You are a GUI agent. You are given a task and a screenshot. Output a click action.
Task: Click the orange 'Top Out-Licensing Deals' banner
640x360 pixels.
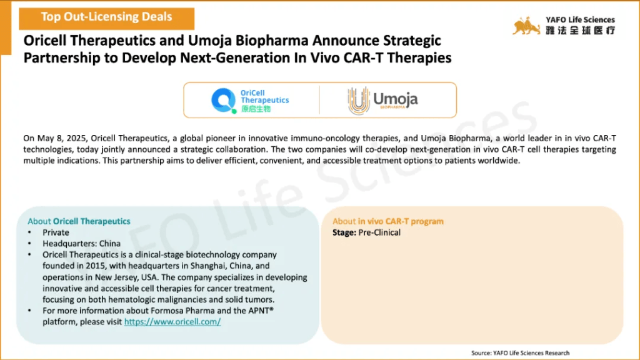click(106, 18)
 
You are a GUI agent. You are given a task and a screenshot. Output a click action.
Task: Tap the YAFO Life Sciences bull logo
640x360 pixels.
click(526, 26)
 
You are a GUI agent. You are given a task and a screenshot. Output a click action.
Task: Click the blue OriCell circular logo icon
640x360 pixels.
click(224, 100)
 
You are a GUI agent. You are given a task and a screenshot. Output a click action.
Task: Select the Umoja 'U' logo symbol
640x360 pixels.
click(358, 101)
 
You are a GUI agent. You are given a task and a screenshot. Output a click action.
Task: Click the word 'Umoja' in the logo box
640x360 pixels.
click(395, 98)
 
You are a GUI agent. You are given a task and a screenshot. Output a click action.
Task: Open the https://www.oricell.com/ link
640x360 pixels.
click(172, 322)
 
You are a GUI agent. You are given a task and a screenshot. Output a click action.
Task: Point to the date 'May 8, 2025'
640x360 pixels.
click(62, 138)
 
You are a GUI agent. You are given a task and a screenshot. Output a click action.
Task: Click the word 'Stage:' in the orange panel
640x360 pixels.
click(344, 232)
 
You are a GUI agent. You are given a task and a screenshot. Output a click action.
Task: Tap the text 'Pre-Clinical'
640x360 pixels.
click(379, 232)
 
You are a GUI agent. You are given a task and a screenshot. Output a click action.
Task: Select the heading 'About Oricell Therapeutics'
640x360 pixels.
click(79, 221)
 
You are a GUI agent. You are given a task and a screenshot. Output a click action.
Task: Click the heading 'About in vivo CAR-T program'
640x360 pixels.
click(387, 221)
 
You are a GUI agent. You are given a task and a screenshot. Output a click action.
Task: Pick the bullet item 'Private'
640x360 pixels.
click(56, 232)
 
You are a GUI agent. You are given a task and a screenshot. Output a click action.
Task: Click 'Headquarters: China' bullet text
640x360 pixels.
click(82, 244)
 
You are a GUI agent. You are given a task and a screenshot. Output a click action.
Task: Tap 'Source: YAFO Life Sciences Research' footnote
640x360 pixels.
click(520, 353)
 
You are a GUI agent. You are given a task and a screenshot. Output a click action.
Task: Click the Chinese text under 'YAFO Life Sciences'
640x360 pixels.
click(581, 30)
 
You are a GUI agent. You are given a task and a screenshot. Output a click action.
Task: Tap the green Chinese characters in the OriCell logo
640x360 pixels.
click(256, 109)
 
